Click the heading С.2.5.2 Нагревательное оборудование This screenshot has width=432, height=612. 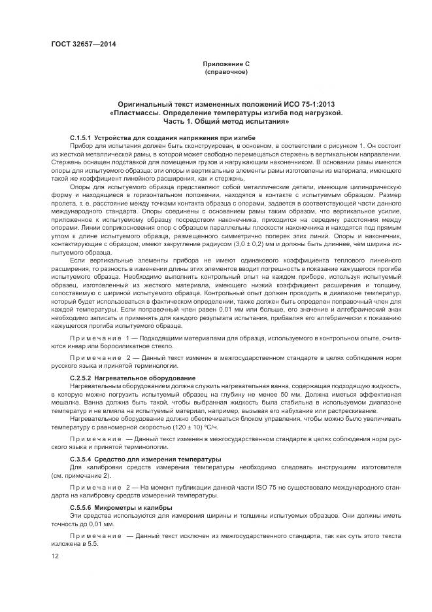click(132, 378)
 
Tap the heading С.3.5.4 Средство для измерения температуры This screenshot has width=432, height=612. click(144, 459)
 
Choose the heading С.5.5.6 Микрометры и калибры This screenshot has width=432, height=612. click(120, 507)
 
